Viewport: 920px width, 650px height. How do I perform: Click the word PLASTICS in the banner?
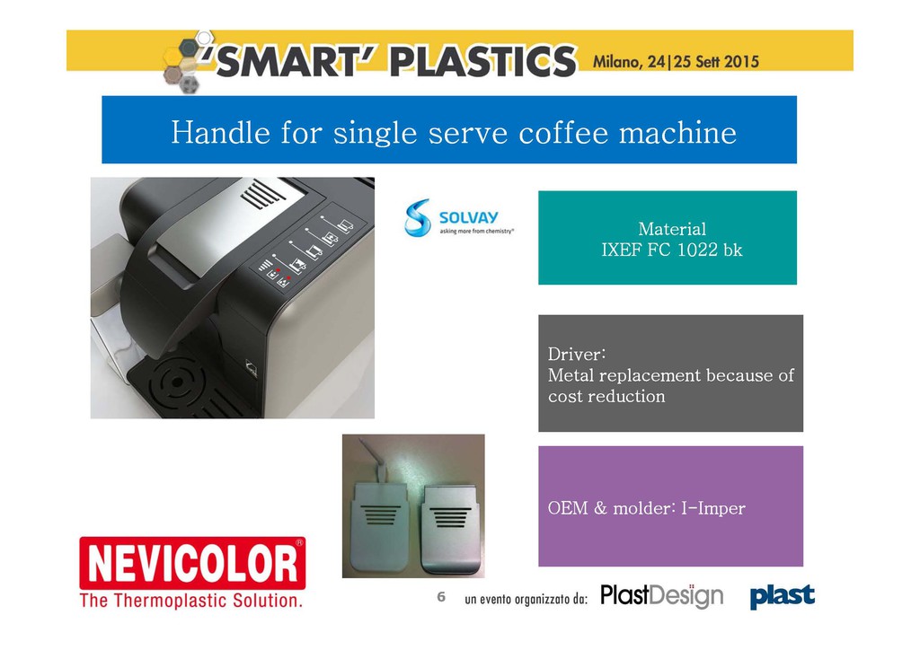[483, 61]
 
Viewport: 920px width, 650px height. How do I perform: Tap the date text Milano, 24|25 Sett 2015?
[676, 62]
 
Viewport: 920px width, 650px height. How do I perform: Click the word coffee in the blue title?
[564, 132]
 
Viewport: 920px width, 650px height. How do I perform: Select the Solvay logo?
[459, 217]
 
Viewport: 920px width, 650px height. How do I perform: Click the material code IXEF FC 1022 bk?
[672, 250]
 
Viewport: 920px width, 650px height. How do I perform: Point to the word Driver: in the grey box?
[577, 354]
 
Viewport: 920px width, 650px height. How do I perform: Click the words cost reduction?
[606, 396]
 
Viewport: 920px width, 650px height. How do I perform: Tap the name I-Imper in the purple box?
[712, 508]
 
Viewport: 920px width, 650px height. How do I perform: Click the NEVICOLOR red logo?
[192, 563]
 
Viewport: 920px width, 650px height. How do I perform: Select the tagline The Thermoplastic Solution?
[191, 601]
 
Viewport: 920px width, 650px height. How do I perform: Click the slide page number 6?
[441, 597]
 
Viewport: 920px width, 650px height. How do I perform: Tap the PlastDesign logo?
[662, 596]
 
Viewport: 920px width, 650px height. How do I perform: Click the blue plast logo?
[783, 596]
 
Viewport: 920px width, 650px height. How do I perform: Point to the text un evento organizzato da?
[526, 599]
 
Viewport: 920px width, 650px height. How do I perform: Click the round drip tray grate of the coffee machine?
[175, 382]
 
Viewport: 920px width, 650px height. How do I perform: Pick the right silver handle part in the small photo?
[451, 528]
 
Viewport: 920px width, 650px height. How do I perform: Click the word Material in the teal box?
[672, 229]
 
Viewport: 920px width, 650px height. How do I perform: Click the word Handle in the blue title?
[221, 132]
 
